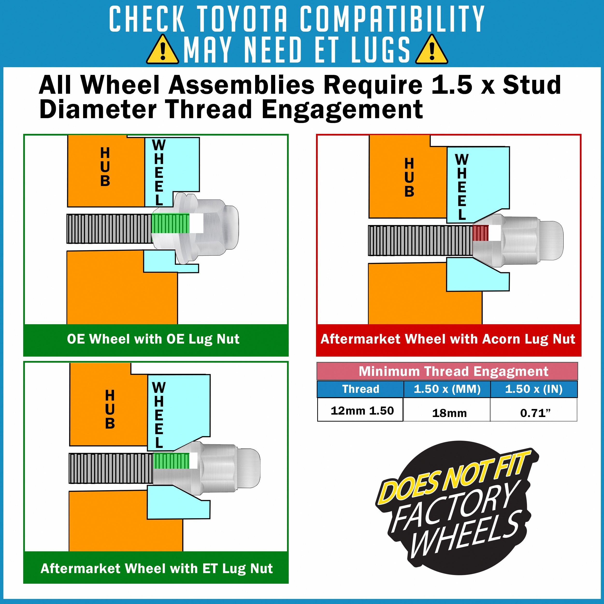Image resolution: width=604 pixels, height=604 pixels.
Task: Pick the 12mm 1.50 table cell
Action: click(362, 410)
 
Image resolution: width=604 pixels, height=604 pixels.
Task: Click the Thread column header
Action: click(360, 389)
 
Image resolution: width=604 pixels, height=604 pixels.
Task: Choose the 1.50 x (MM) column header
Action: click(447, 389)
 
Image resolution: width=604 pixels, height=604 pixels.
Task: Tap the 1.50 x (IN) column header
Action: click(534, 389)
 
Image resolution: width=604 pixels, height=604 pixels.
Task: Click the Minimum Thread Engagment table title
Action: click(453, 371)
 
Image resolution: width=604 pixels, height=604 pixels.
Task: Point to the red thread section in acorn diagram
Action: click(480, 233)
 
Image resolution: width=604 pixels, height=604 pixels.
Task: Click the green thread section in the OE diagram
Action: click(170, 223)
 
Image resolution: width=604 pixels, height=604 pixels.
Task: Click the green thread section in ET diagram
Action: click(171, 461)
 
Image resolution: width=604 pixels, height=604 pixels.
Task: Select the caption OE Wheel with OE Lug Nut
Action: click(153, 339)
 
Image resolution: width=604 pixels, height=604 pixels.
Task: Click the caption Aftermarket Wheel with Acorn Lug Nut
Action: click(448, 339)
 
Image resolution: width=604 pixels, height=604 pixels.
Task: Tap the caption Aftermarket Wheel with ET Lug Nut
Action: click(157, 568)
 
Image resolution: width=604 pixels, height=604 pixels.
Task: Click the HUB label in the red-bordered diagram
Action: click(409, 177)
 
